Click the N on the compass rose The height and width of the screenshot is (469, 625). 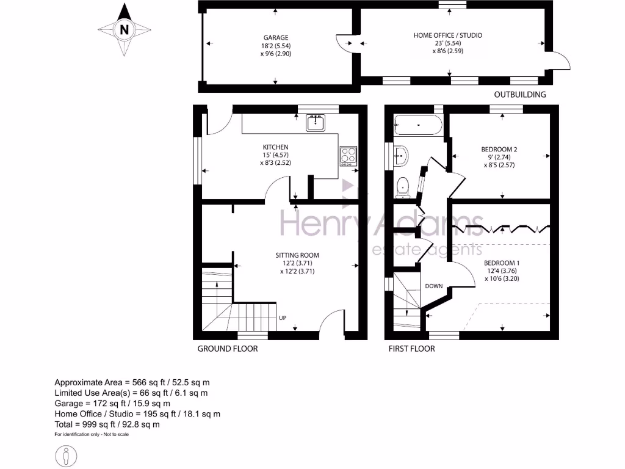(125, 29)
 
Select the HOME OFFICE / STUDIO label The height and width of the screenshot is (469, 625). (447, 35)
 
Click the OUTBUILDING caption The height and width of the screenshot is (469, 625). (519, 95)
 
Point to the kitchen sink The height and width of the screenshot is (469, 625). (316, 122)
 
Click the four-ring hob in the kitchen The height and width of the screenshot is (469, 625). (349, 155)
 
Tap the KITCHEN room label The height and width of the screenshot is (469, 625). (275, 147)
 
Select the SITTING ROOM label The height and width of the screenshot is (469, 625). (297, 255)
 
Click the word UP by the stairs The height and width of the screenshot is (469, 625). (283, 318)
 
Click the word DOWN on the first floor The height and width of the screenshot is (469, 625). (433, 286)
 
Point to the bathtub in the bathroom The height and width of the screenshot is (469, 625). (418, 125)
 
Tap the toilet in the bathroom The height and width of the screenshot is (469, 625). (403, 186)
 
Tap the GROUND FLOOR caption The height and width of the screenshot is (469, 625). (227, 349)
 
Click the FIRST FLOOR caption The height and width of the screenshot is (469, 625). (411, 349)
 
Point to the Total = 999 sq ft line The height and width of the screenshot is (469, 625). (107, 424)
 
